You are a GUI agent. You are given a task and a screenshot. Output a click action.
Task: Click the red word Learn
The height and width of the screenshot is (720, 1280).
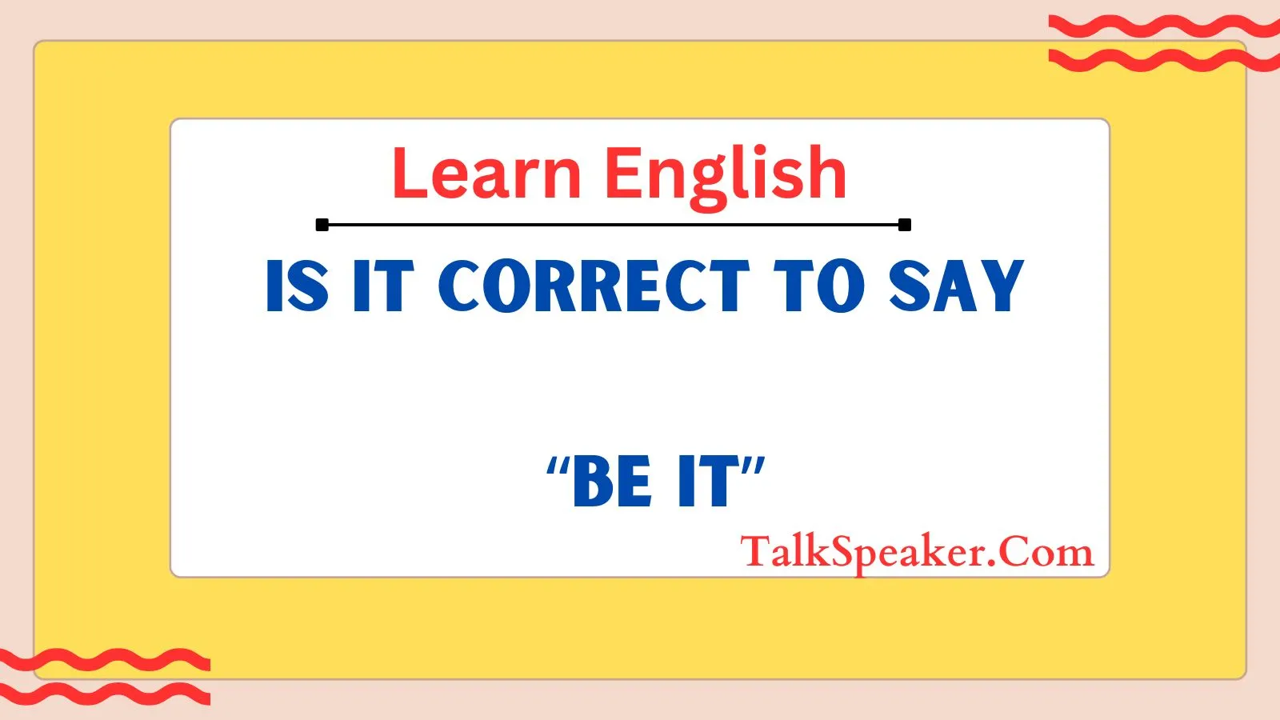487,173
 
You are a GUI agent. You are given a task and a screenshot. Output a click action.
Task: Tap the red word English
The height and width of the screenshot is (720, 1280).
725,177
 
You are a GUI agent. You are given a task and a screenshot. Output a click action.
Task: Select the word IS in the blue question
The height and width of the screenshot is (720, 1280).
298,285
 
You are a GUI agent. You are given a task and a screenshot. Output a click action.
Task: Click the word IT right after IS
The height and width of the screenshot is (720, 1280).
383,285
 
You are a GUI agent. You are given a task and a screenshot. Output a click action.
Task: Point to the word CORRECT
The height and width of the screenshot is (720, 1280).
594,285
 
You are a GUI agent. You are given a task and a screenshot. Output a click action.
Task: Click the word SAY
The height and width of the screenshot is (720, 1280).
956,285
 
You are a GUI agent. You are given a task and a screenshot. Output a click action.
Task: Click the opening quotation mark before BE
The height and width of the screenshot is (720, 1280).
558,467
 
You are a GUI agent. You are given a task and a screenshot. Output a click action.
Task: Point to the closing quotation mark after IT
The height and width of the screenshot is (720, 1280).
754,467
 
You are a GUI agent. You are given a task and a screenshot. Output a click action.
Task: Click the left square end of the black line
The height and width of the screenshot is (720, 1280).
322,225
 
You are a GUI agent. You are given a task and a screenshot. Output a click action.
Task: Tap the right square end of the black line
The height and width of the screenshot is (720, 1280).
905,225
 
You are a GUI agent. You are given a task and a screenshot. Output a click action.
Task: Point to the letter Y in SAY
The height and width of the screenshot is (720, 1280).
1001,285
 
